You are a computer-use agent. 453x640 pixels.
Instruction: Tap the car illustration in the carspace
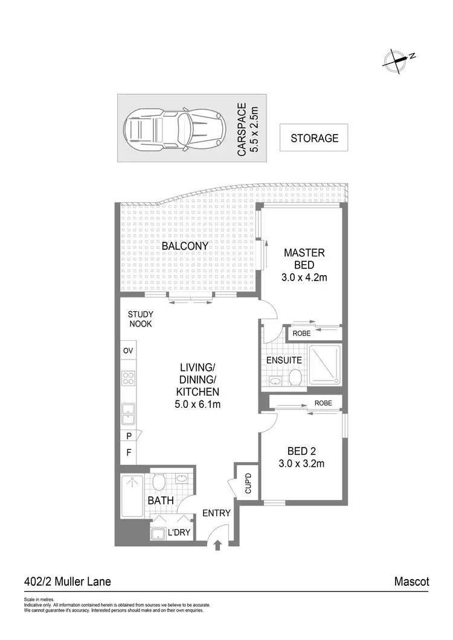[175, 127]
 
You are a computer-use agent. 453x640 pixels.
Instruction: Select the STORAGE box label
[314, 138]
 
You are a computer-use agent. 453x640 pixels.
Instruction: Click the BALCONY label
[185, 246]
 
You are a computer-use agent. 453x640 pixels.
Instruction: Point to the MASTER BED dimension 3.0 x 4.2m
[305, 277]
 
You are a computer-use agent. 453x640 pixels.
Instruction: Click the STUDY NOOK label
[140, 319]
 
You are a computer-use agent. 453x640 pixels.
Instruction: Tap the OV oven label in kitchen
[128, 350]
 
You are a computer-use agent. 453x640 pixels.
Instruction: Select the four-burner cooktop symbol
[129, 378]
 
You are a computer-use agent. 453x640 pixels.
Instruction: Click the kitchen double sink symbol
[129, 414]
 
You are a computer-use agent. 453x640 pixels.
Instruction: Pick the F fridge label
[129, 452]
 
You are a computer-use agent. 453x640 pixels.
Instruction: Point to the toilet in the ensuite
[295, 378]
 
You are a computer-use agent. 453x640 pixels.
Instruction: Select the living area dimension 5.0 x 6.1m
[194, 404]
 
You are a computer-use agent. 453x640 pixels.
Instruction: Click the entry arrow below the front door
[217, 546]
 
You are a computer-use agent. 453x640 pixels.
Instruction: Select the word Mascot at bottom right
[411, 582]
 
